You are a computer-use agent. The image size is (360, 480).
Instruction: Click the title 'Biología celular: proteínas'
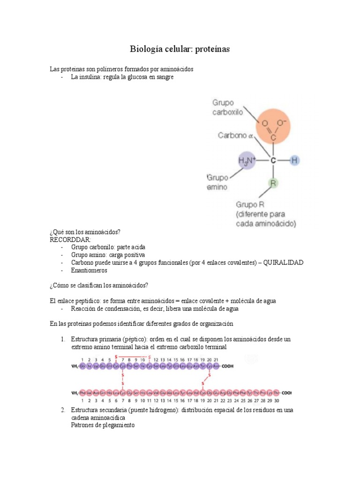[x=180, y=49]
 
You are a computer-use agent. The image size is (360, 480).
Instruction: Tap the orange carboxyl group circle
[x=272, y=125]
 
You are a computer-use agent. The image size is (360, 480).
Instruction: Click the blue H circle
[x=294, y=160]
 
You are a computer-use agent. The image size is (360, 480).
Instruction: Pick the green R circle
[x=273, y=183]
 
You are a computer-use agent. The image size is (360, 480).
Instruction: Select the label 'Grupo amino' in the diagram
[x=217, y=182]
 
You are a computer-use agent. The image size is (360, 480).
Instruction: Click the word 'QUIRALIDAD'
[x=283, y=262]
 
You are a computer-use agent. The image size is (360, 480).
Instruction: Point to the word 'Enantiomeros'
[x=89, y=270]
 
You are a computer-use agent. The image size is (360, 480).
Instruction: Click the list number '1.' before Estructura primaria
[x=62, y=339]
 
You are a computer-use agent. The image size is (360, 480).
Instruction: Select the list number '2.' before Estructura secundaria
[x=62, y=410]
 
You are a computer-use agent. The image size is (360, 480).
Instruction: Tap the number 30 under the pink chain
[x=277, y=401]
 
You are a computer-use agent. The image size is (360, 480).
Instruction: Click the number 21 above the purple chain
[x=215, y=360]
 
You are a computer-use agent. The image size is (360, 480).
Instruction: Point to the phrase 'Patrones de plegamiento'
[x=103, y=425]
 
